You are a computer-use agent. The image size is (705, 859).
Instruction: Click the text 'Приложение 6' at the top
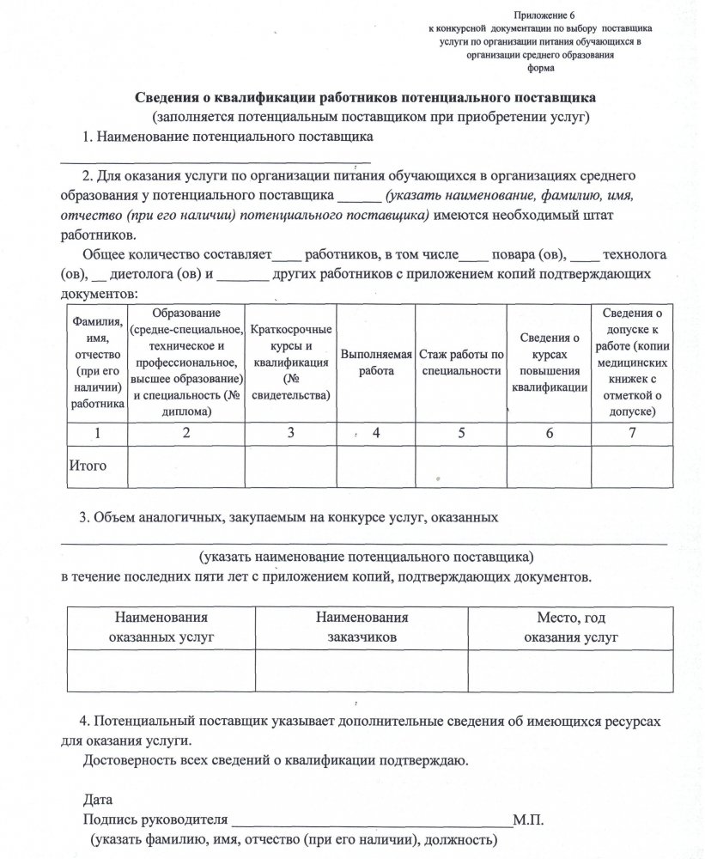pos(540,15)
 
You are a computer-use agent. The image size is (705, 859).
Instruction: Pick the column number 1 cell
pos(97,434)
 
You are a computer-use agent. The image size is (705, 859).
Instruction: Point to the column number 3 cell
pos(292,434)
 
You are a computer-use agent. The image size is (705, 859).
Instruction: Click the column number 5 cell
pos(461,434)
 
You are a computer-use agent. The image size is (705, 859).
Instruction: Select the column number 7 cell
pos(632,434)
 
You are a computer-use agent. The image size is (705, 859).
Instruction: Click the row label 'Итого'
pos(87,466)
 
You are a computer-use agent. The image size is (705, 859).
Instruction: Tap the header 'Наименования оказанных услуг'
pos(161,628)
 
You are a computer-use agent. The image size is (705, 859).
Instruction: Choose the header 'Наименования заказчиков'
pos(361,628)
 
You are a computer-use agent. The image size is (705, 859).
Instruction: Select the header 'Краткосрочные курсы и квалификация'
pos(292,362)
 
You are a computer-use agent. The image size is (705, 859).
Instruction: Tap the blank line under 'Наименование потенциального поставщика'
pos(215,160)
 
